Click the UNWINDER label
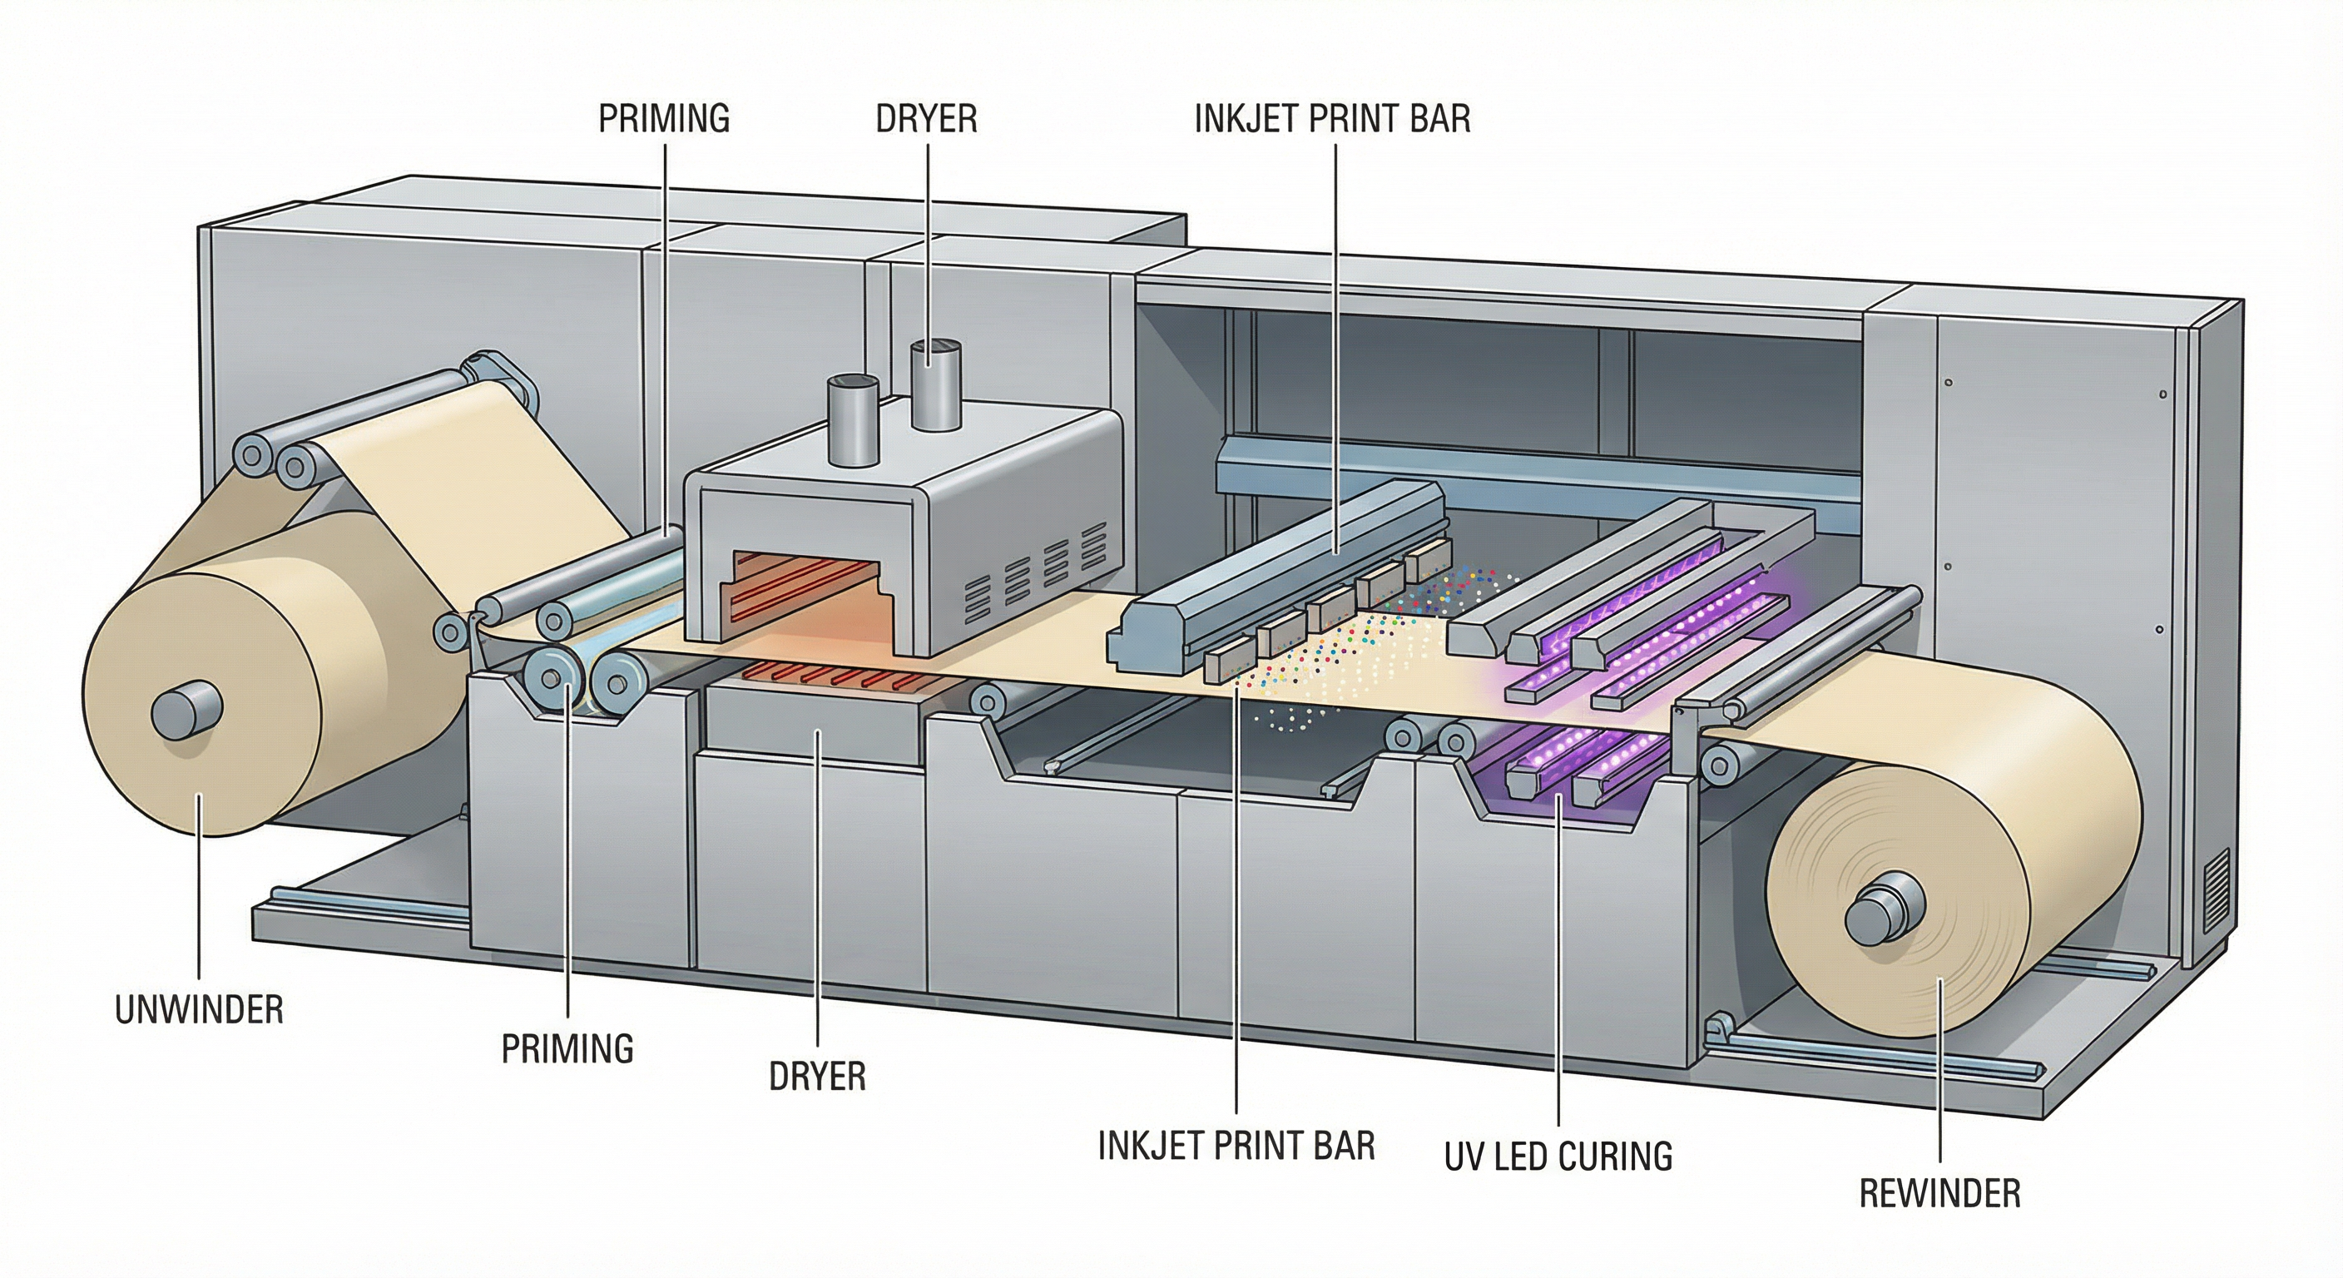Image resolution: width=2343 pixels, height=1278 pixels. pos(199,1009)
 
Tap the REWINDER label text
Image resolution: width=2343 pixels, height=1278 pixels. pos(1939,1193)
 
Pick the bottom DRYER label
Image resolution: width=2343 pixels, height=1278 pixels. pos(817,1076)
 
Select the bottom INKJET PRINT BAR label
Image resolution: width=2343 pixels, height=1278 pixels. pos(1236,1145)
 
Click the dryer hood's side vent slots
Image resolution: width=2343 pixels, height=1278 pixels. pos(1027,578)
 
